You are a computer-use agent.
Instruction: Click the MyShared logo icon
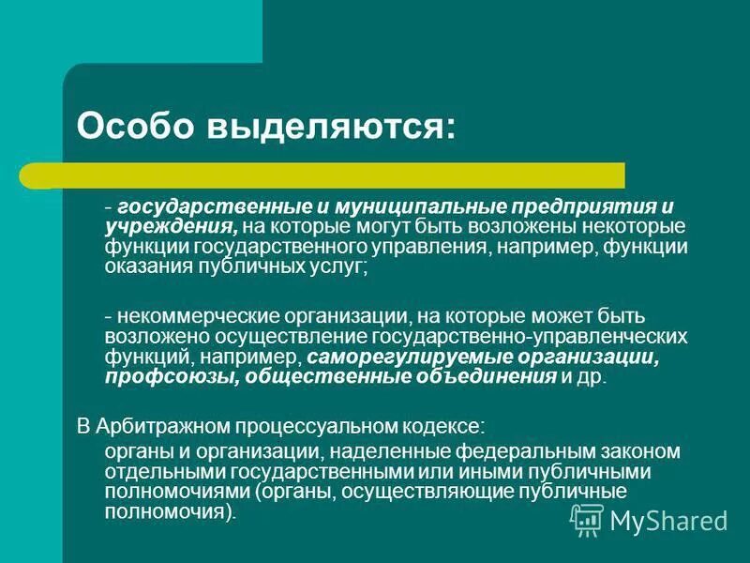coord(586,519)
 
